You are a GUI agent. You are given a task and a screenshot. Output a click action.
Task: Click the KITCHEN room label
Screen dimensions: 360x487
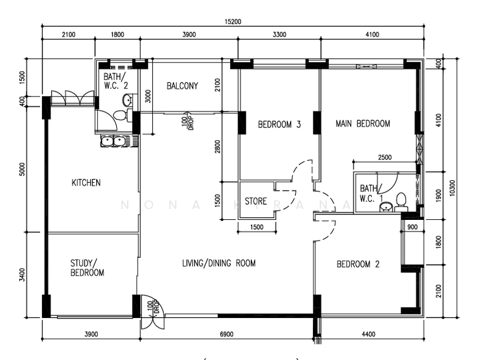(x=86, y=183)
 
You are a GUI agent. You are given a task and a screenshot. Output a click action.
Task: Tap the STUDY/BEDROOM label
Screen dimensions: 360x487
(x=87, y=268)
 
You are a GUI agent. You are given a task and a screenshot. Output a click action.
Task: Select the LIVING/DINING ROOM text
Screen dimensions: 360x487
(x=219, y=264)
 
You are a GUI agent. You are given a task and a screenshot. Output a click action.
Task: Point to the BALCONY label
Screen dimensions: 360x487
(x=183, y=86)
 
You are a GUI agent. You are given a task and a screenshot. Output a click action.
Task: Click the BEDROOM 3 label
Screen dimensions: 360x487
(x=279, y=125)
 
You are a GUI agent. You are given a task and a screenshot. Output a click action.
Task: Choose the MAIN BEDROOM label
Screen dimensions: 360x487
(x=363, y=124)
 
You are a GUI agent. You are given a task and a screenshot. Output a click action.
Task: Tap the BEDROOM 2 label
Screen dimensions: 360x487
(x=358, y=264)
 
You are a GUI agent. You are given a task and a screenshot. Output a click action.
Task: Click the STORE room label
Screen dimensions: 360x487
(x=256, y=201)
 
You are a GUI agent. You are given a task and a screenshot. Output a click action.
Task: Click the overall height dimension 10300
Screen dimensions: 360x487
(x=452, y=190)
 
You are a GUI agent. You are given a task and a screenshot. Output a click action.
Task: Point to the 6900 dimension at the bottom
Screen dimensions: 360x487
(x=227, y=334)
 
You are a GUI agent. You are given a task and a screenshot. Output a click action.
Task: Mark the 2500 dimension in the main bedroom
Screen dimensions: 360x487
(x=384, y=157)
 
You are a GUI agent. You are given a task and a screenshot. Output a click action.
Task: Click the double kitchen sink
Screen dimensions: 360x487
(x=114, y=142)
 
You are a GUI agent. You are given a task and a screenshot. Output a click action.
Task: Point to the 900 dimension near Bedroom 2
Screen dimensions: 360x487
(x=412, y=227)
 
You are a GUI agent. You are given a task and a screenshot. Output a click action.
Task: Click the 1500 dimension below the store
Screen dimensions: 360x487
(x=256, y=227)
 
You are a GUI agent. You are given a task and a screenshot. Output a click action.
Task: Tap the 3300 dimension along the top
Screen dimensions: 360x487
(x=279, y=35)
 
